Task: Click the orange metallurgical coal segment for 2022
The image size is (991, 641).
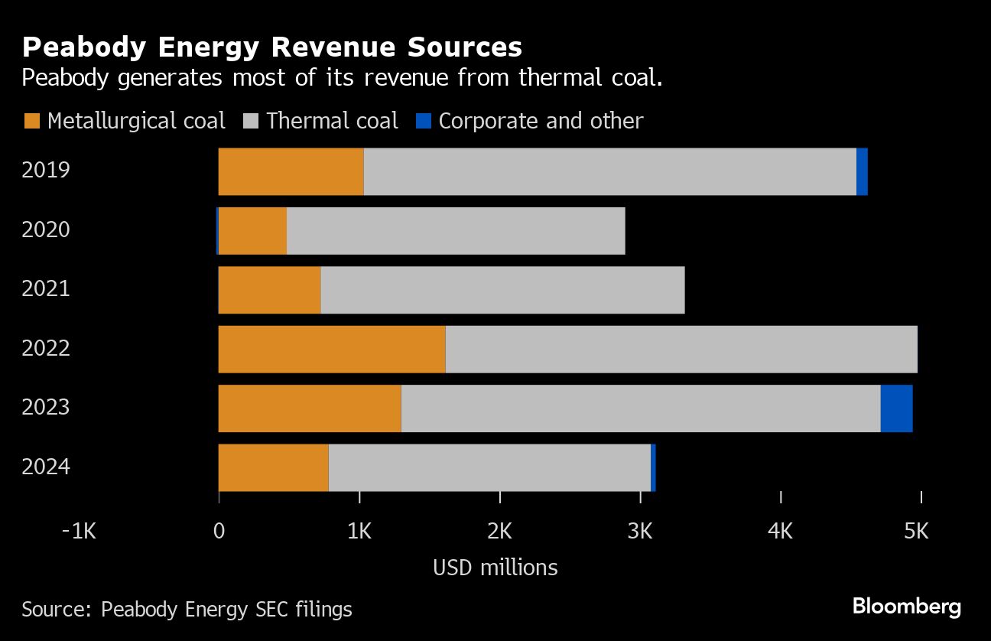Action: click(x=332, y=349)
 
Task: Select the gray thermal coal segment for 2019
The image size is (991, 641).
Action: click(x=609, y=171)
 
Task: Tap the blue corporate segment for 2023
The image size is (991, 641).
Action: click(x=896, y=408)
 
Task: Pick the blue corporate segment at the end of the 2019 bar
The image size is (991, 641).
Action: click(x=862, y=171)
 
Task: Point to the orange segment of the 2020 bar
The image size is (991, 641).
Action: click(x=252, y=230)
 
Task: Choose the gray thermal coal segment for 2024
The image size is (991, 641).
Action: click(x=489, y=467)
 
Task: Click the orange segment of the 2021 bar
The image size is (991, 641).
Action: click(x=269, y=290)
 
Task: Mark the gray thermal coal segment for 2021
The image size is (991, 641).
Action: click(x=502, y=290)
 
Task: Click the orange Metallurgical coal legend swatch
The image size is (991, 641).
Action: click(x=31, y=121)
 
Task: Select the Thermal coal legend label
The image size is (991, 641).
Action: click(x=332, y=121)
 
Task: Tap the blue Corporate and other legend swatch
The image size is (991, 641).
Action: click(x=424, y=121)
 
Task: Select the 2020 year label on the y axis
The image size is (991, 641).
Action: click(x=46, y=229)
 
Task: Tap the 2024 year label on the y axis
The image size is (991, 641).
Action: click(x=46, y=467)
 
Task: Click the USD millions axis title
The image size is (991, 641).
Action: click(x=495, y=568)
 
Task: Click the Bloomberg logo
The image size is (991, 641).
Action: click(x=906, y=607)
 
